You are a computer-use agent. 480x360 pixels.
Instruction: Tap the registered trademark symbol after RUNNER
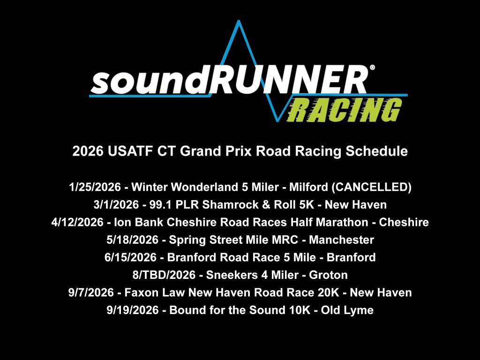[x=372, y=67]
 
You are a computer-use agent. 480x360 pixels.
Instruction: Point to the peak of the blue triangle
[x=239, y=21]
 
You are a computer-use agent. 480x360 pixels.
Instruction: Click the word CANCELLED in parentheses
[x=372, y=187]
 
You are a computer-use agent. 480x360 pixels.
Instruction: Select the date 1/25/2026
[x=95, y=187]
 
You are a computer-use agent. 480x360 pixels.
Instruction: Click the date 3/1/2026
[x=116, y=204]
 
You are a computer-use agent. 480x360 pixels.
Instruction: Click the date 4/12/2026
[x=77, y=222]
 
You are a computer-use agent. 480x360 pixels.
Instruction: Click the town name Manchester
[x=341, y=240]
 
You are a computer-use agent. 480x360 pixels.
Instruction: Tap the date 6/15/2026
[x=130, y=257]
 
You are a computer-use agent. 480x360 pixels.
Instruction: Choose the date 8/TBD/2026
[x=164, y=275]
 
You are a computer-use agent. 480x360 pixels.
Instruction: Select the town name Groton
[x=328, y=275]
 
